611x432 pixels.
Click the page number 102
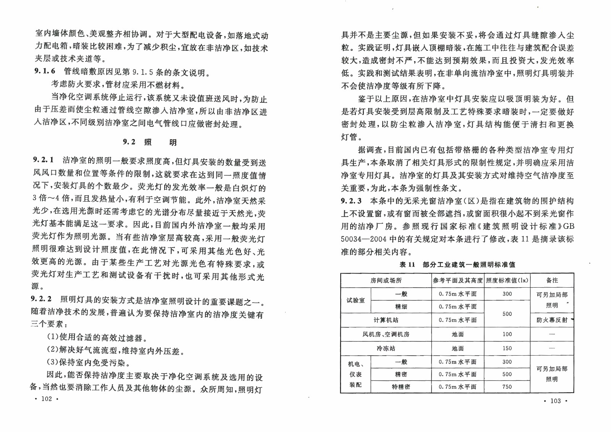(46, 399)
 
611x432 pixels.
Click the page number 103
(555, 401)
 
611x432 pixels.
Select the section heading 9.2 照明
(150, 142)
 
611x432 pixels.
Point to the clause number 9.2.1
(43, 160)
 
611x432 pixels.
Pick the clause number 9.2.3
(351, 201)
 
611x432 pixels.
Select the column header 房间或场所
(386, 280)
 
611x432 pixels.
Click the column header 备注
(552, 280)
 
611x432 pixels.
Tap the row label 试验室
(356, 300)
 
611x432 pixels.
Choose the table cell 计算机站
(386, 320)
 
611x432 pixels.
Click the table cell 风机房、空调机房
(386, 334)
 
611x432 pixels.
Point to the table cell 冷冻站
(386, 348)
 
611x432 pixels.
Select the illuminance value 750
(507, 387)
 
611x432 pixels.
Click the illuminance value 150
(507, 348)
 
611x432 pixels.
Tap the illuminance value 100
(507, 334)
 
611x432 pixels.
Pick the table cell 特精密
(401, 387)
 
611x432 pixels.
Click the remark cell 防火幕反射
(552, 320)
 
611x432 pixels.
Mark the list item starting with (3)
(89, 362)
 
